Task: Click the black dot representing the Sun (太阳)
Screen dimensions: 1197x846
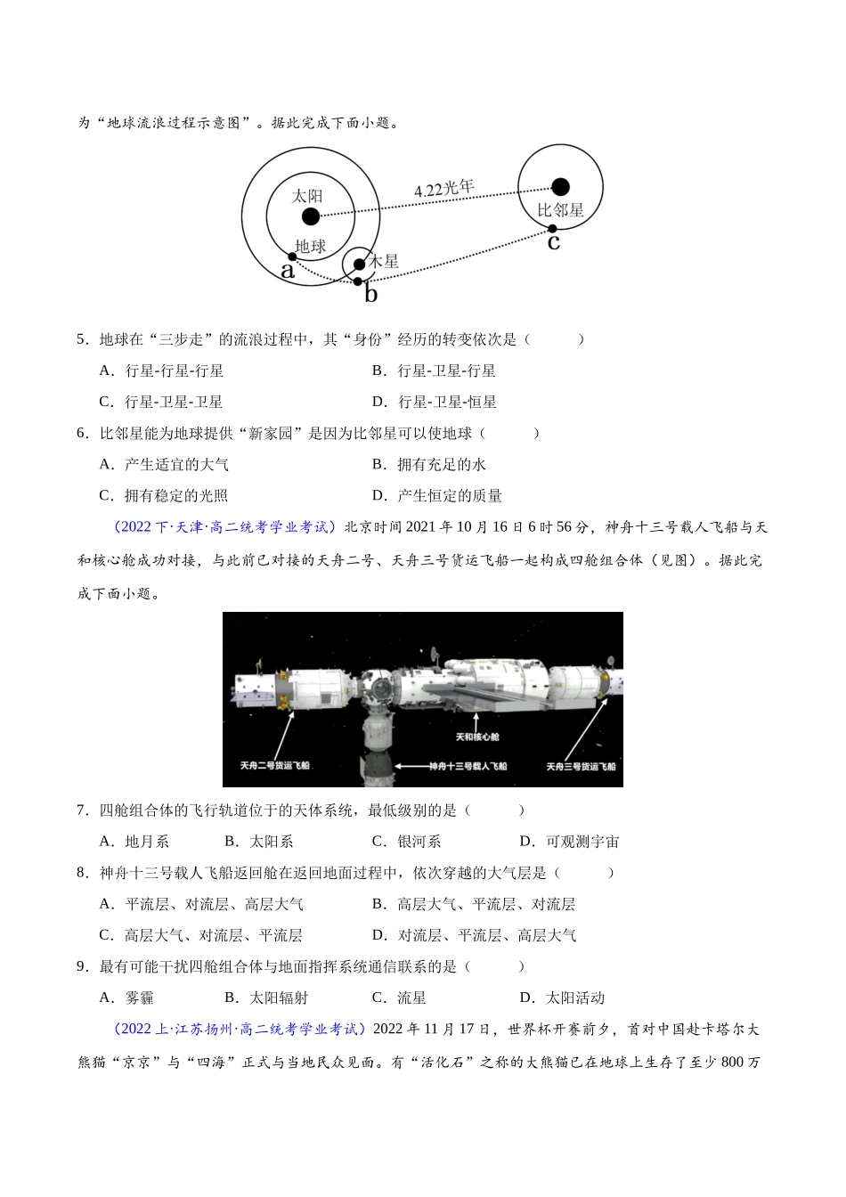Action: (x=310, y=216)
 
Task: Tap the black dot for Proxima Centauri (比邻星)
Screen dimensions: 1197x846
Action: (x=560, y=186)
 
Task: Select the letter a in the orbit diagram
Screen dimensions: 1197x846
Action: (x=288, y=271)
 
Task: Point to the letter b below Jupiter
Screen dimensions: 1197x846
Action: (x=370, y=294)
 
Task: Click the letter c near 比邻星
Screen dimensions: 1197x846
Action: (x=554, y=241)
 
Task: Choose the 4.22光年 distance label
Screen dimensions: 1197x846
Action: (x=443, y=189)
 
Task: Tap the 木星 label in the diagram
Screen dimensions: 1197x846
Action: (x=384, y=261)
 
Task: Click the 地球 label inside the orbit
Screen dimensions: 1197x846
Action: (x=310, y=246)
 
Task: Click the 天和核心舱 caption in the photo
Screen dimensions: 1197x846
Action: (x=477, y=737)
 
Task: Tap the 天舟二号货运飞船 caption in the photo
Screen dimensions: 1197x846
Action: (x=275, y=765)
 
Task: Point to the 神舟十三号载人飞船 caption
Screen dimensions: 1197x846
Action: (x=468, y=766)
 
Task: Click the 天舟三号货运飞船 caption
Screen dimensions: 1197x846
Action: (x=581, y=766)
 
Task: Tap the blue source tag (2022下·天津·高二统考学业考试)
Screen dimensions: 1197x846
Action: (x=225, y=527)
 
